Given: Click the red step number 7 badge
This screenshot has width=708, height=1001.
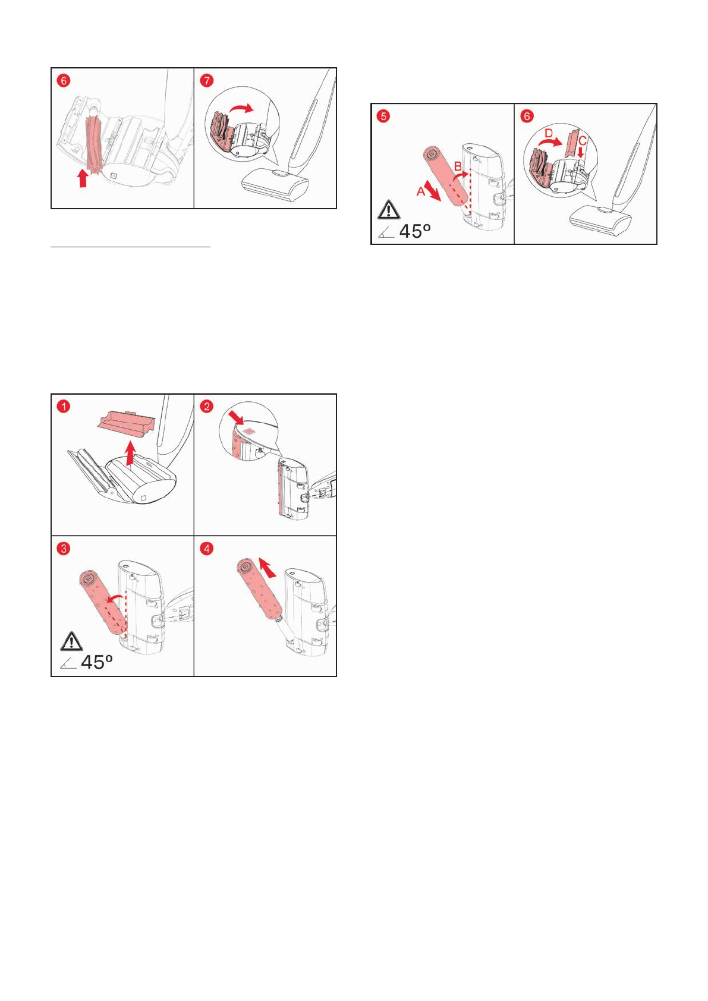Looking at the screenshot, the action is pos(207,80).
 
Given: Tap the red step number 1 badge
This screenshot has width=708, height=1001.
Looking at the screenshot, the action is pos(64,406).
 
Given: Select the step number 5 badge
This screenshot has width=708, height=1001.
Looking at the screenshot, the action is pos(383,116).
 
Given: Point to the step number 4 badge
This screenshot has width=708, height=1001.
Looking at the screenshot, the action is pos(207,548).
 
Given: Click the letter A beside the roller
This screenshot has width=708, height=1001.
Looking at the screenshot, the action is pos(421,191).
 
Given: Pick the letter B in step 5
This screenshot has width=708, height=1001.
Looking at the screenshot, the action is pos(458,166).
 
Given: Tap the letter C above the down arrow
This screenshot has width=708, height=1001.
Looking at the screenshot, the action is pos(582,141).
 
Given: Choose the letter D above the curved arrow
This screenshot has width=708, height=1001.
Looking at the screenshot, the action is pos(549,134).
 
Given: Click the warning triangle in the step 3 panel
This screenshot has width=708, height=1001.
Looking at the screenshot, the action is pos(71,641).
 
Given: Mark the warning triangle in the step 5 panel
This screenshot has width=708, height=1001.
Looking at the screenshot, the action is pos(388,209).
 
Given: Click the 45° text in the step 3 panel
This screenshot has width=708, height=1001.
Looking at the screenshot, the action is pos(96,662).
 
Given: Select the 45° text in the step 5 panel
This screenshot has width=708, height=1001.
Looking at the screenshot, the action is pos(415,231).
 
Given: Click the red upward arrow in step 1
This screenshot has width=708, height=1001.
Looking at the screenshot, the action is pos(130,453).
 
